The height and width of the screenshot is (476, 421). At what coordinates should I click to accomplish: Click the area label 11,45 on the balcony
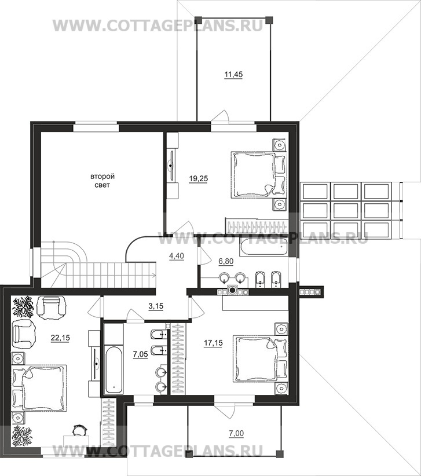(x=233, y=75)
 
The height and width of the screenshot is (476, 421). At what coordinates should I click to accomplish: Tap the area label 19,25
(x=199, y=179)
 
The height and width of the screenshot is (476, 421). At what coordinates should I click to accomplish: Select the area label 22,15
(x=60, y=337)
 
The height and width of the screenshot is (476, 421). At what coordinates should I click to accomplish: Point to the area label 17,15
(x=213, y=343)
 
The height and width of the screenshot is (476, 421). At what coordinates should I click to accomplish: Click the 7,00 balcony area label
(x=236, y=433)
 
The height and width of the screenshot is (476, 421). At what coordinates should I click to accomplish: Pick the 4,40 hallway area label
(x=177, y=256)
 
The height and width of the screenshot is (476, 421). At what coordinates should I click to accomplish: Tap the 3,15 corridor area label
(x=156, y=306)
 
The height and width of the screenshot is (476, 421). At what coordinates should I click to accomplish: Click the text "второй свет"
(x=102, y=181)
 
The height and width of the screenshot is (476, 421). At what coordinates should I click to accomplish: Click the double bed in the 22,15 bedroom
(x=39, y=388)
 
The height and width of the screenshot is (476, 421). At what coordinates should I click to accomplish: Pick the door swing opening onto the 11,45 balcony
(x=221, y=116)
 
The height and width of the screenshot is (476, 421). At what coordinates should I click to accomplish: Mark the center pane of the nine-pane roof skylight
(x=346, y=210)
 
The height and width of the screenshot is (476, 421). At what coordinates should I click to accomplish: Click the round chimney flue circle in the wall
(x=232, y=291)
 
